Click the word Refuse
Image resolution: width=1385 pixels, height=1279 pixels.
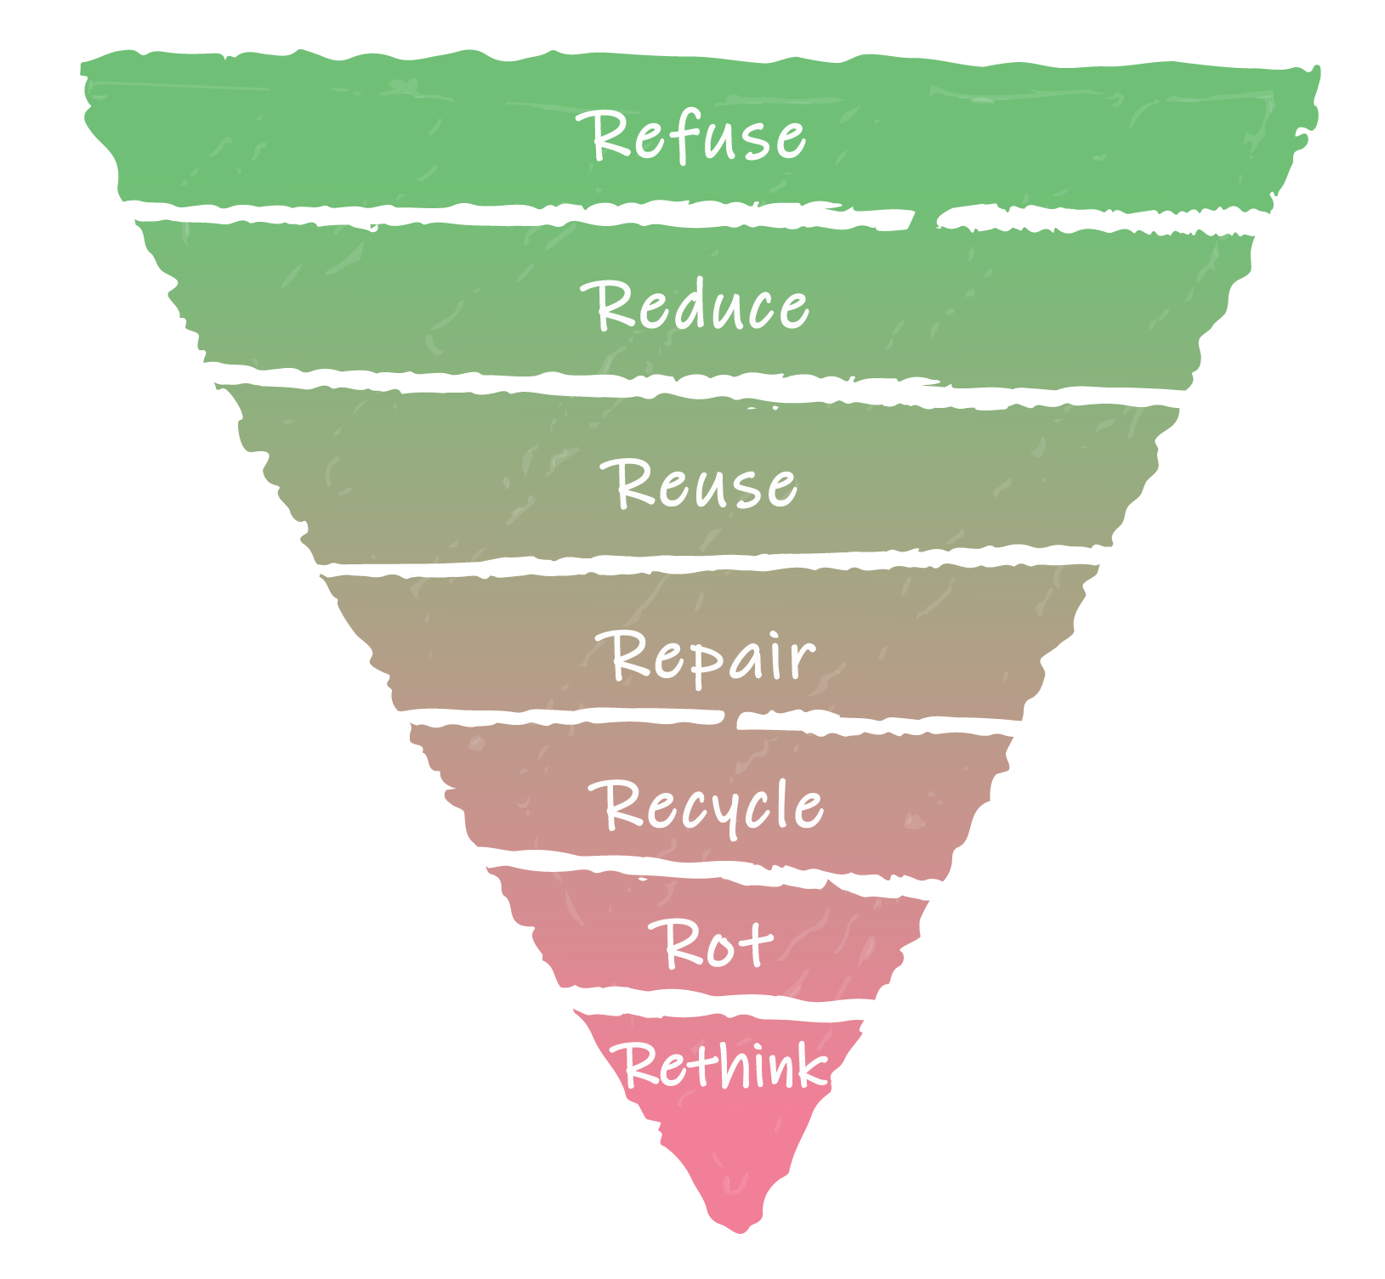(691, 135)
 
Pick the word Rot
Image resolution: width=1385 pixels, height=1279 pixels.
(712, 942)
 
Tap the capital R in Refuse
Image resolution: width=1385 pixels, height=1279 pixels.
(604, 135)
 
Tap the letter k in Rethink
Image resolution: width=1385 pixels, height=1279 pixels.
(811, 1064)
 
